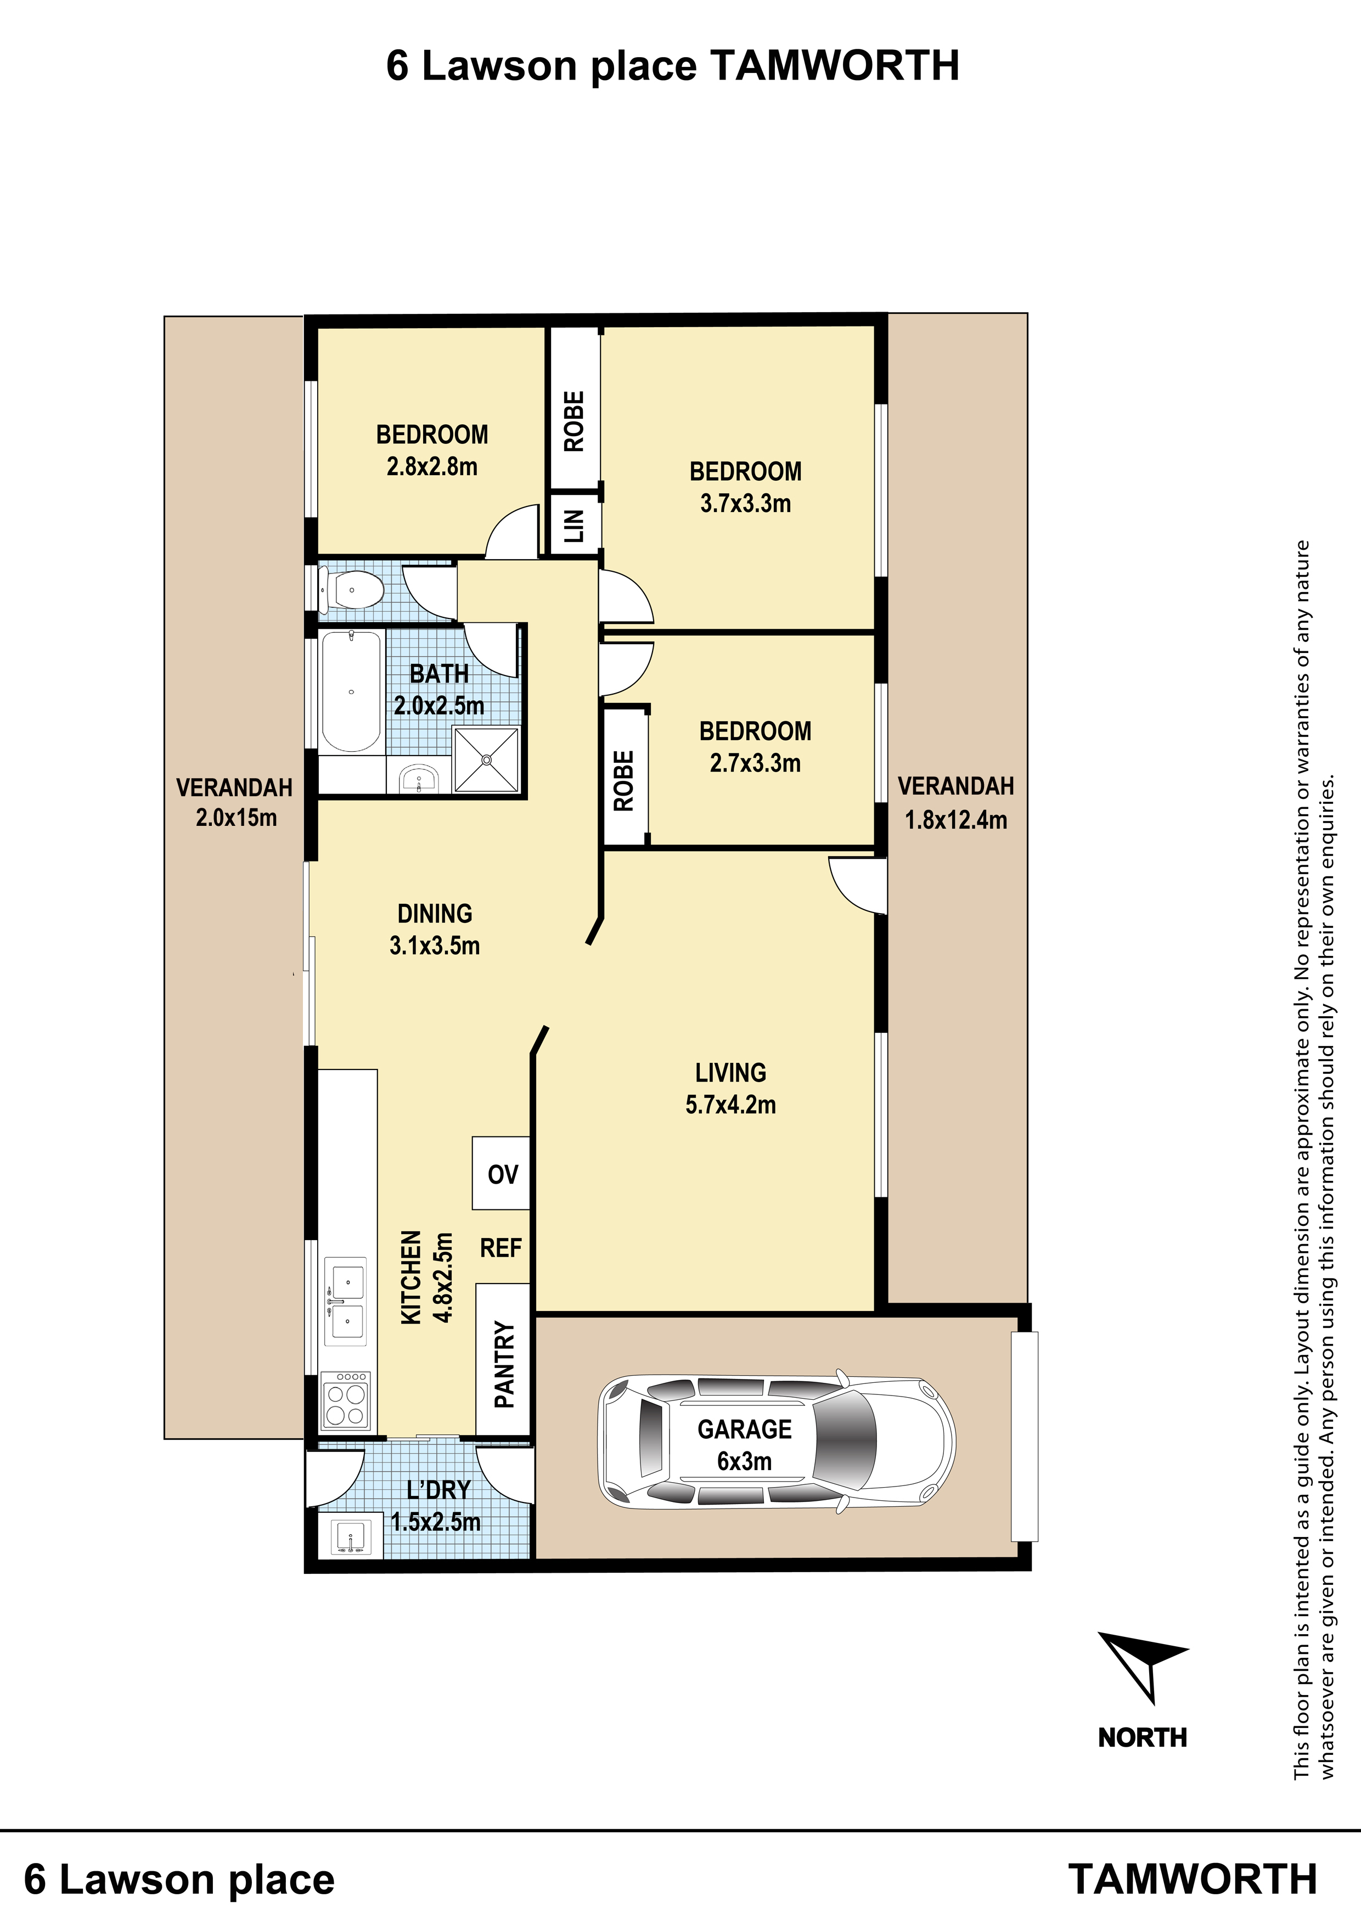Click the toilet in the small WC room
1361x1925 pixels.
(x=352, y=590)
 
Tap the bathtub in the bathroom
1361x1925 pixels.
(x=351, y=691)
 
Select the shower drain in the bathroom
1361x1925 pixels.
(x=486, y=759)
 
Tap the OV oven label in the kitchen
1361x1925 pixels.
(x=502, y=1175)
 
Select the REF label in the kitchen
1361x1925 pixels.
(x=500, y=1248)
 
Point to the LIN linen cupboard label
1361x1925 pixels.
(x=573, y=526)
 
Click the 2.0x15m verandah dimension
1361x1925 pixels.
(x=237, y=818)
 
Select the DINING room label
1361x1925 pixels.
(x=435, y=913)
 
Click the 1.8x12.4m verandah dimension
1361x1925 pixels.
(x=956, y=819)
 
